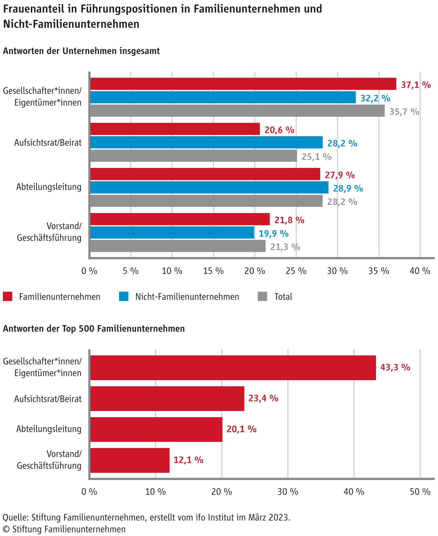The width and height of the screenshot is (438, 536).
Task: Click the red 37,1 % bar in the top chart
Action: tap(243, 84)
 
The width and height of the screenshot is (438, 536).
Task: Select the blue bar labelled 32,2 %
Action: tap(223, 97)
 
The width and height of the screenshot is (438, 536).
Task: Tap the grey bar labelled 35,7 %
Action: tap(237, 111)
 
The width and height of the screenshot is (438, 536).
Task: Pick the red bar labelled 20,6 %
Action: tap(175, 129)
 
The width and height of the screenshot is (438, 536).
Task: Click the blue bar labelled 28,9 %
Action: tap(209, 187)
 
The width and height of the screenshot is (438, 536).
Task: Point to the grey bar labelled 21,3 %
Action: tap(178, 246)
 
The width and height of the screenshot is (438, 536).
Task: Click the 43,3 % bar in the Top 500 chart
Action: tap(233, 368)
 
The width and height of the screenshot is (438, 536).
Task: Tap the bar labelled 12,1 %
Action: tap(130, 460)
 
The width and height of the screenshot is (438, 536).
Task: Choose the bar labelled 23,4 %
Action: tap(167, 398)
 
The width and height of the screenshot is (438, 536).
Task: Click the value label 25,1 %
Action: tap(317, 157)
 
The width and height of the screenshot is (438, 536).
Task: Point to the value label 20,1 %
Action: tap(241, 429)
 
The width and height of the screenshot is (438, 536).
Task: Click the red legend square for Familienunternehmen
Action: tap(8, 296)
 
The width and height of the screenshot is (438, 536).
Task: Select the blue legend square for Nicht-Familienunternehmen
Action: tap(124, 296)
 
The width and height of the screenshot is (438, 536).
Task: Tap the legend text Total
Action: tap(283, 297)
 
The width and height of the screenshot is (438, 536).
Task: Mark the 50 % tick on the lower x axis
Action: tap(420, 492)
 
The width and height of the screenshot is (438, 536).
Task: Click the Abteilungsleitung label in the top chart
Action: tap(49, 187)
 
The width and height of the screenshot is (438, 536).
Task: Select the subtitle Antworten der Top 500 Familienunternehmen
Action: tap(94, 329)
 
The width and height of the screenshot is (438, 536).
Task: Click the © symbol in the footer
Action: tap(6, 529)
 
